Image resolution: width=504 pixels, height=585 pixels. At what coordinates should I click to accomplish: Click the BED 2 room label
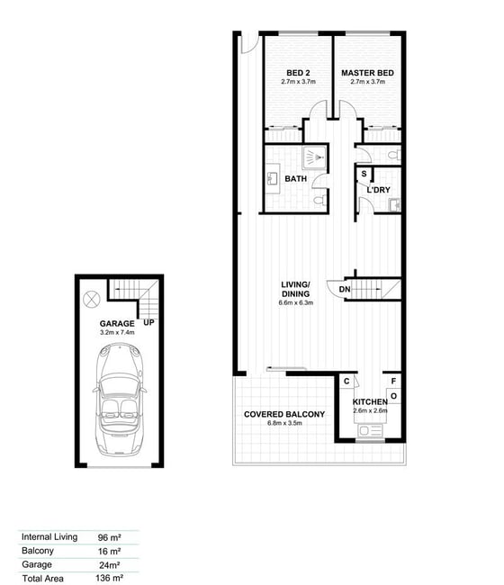click(x=298, y=73)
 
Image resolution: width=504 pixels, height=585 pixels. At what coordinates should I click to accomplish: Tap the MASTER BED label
click(x=367, y=73)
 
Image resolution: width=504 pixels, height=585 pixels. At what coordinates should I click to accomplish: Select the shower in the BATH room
click(x=314, y=157)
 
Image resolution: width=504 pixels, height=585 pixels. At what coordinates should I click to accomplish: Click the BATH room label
click(x=296, y=179)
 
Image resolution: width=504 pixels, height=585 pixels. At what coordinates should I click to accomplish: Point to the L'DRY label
click(x=378, y=190)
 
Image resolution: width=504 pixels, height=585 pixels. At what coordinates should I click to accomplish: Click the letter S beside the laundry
click(x=364, y=174)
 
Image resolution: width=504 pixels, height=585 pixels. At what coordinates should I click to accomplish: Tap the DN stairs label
click(x=345, y=289)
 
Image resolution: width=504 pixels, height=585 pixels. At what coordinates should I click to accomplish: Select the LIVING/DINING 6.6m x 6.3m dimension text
click(x=296, y=302)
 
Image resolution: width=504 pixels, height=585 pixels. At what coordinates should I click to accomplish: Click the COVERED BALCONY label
click(x=284, y=414)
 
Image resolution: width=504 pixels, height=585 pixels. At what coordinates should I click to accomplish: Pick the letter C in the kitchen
click(x=346, y=381)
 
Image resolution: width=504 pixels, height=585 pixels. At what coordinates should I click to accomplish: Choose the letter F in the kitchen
click(x=393, y=382)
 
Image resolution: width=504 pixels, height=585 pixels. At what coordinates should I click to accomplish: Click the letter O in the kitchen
click(x=393, y=396)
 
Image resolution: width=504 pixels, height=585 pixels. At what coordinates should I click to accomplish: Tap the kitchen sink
click(x=370, y=431)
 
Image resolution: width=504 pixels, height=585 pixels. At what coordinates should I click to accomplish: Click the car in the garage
click(x=119, y=400)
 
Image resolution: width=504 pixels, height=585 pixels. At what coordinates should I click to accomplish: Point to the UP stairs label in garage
click(x=148, y=322)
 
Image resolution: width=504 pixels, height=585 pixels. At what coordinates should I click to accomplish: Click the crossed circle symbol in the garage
click(x=92, y=299)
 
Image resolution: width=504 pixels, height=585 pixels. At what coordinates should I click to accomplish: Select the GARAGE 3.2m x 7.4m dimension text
click(x=117, y=332)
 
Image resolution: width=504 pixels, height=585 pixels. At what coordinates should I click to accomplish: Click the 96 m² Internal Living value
click(x=109, y=537)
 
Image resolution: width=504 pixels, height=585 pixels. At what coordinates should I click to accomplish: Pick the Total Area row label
click(x=42, y=579)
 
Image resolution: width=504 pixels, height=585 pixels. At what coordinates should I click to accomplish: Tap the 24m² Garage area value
click(x=109, y=565)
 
